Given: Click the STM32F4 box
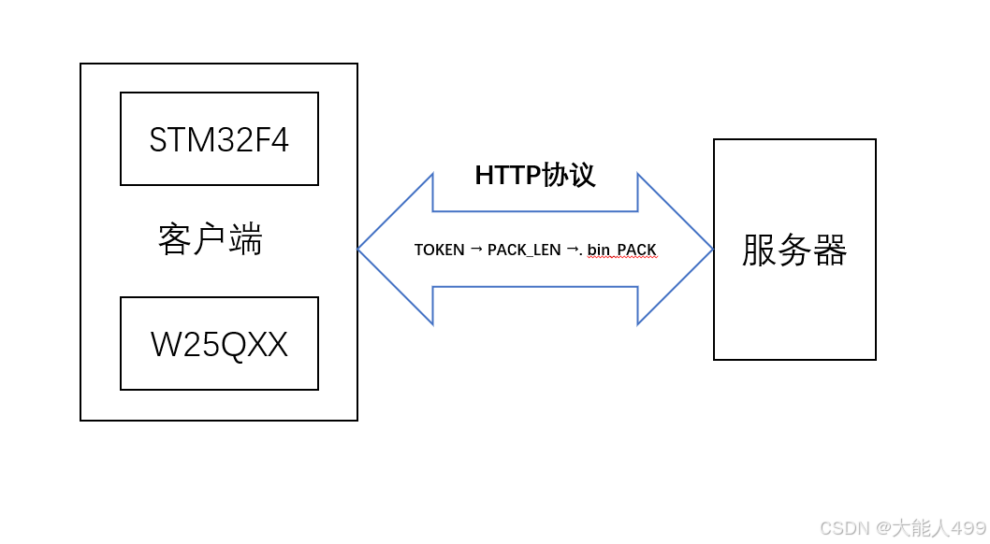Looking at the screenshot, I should click(219, 139).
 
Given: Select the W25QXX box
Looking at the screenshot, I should click(219, 344).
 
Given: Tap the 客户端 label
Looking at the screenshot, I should click(211, 240).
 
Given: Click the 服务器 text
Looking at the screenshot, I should click(794, 251).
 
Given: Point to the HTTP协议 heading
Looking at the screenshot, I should click(534, 175).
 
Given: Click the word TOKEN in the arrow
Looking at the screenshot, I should click(439, 251).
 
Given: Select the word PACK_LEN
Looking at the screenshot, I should click(524, 251).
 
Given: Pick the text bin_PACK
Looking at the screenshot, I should click(621, 251).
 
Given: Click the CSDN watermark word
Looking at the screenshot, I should click(845, 528).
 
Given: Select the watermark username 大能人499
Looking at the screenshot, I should click(939, 528).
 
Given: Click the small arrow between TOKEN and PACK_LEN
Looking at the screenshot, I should click(476, 249).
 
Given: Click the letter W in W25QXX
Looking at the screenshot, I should click(164, 345).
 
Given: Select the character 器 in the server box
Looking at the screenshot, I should click(830, 251).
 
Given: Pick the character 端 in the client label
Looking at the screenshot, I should click(246, 240).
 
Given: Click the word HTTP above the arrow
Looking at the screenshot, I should click(507, 175).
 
